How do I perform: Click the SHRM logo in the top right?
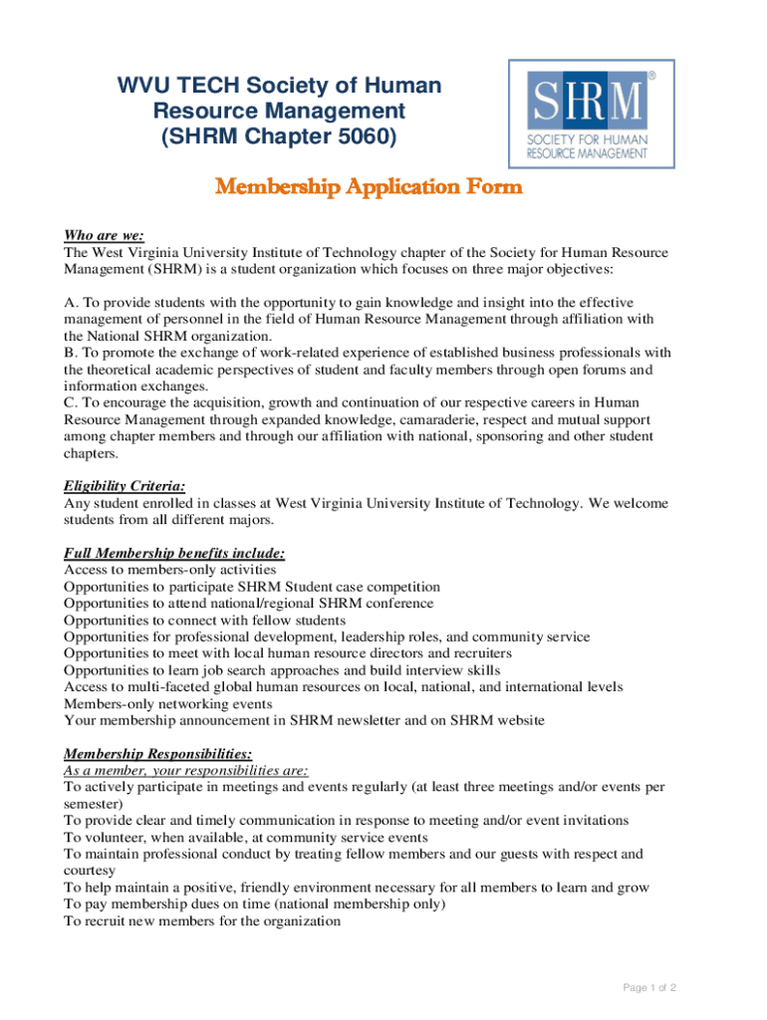(x=592, y=114)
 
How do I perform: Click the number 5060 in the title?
(x=369, y=137)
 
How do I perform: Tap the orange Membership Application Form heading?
(x=369, y=187)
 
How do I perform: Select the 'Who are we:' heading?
(x=104, y=236)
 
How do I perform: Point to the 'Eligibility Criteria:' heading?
(x=125, y=486)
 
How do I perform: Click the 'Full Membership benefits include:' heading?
(x=174, y=553)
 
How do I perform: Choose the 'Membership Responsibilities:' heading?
(x=157, y=753)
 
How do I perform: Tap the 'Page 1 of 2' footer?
(x=649, y=987)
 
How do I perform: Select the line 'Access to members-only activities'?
(x=170, y=570)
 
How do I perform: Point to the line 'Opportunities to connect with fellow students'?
(x=205, y=620)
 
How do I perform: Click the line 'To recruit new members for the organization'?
(x=202, y=921)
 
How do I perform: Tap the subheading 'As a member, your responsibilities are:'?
(x=185, y=770)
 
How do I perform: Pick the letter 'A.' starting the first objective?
(x=70, y=302)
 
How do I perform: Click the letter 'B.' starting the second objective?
(x=70, y=353)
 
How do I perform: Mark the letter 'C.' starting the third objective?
(x=70, y=402)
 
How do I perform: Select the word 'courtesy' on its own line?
(x=90, y=871)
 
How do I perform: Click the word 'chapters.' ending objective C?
(x=91, y=453)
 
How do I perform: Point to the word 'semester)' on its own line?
(x=94, y=804)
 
